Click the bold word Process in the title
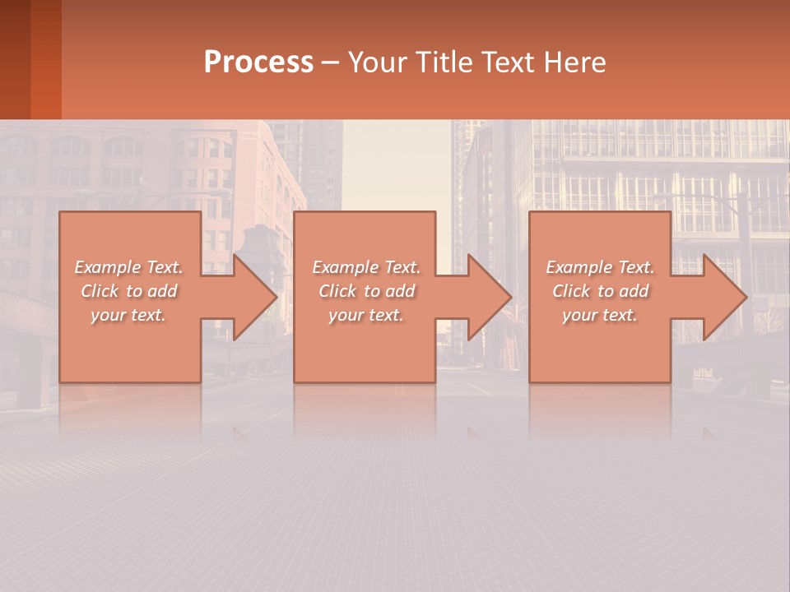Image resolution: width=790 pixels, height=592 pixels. click(x=258, y=62)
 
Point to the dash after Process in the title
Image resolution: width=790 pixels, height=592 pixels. click(x=329, y=62)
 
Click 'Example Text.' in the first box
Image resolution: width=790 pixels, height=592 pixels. click(x=128, y=267)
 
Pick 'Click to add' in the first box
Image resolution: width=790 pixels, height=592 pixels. click(x=128, y=291)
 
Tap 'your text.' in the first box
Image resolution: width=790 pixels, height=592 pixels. click(x=128, y=315)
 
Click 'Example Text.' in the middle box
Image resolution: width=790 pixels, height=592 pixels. click(x=365, y=267)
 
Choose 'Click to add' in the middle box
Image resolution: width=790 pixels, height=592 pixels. click(x=365, y=291)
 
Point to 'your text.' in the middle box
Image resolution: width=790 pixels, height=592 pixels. click(x=365, y=315)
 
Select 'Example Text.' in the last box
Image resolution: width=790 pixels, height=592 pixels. click(x=600, y=267)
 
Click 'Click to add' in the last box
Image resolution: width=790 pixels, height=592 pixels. click(x=600, y=291)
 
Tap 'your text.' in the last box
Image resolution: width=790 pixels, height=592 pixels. click(x=600, y=315)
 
